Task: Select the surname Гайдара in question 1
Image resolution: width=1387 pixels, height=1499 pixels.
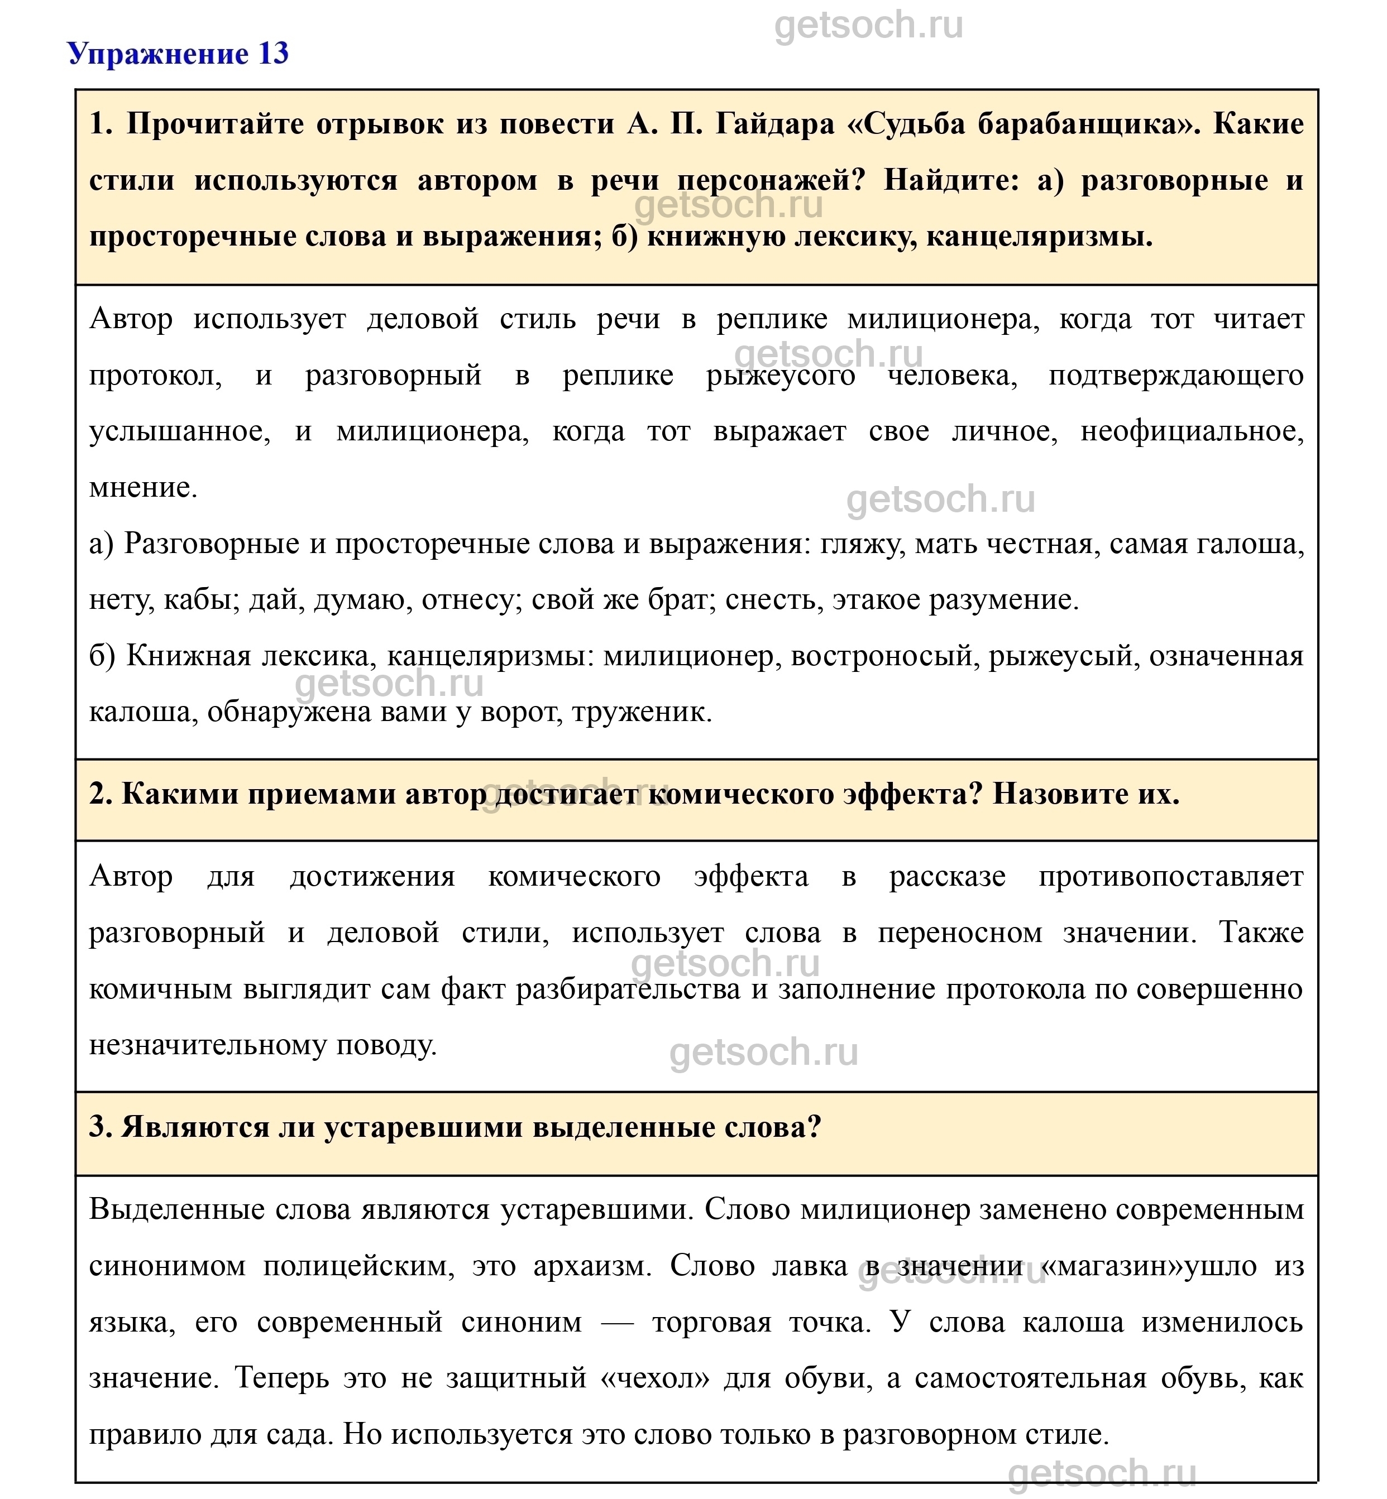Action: click(774, 124)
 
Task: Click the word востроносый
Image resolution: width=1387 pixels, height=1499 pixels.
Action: click(883, 656)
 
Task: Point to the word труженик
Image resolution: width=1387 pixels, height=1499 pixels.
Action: click(641, 711)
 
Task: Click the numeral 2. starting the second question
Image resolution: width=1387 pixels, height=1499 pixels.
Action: click(101, 794)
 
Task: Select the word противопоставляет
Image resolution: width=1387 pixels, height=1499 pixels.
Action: click(1171, 876)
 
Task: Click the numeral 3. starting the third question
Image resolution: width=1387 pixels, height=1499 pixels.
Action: click(101, 1127)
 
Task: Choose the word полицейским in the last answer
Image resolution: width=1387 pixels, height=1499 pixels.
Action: click(359, 1266)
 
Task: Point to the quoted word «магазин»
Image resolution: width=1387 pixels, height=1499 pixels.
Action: click(1114, 1266)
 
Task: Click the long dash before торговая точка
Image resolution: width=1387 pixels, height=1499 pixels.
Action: click(617, 1322)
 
